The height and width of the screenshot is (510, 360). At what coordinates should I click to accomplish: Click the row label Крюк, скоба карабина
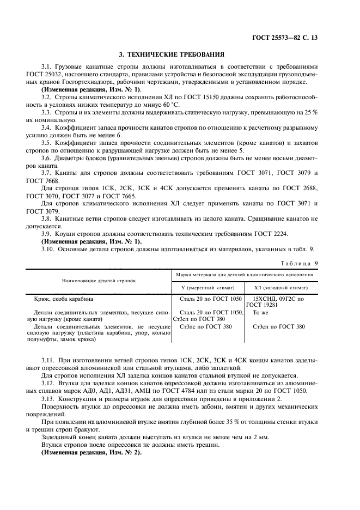point(68,299)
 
